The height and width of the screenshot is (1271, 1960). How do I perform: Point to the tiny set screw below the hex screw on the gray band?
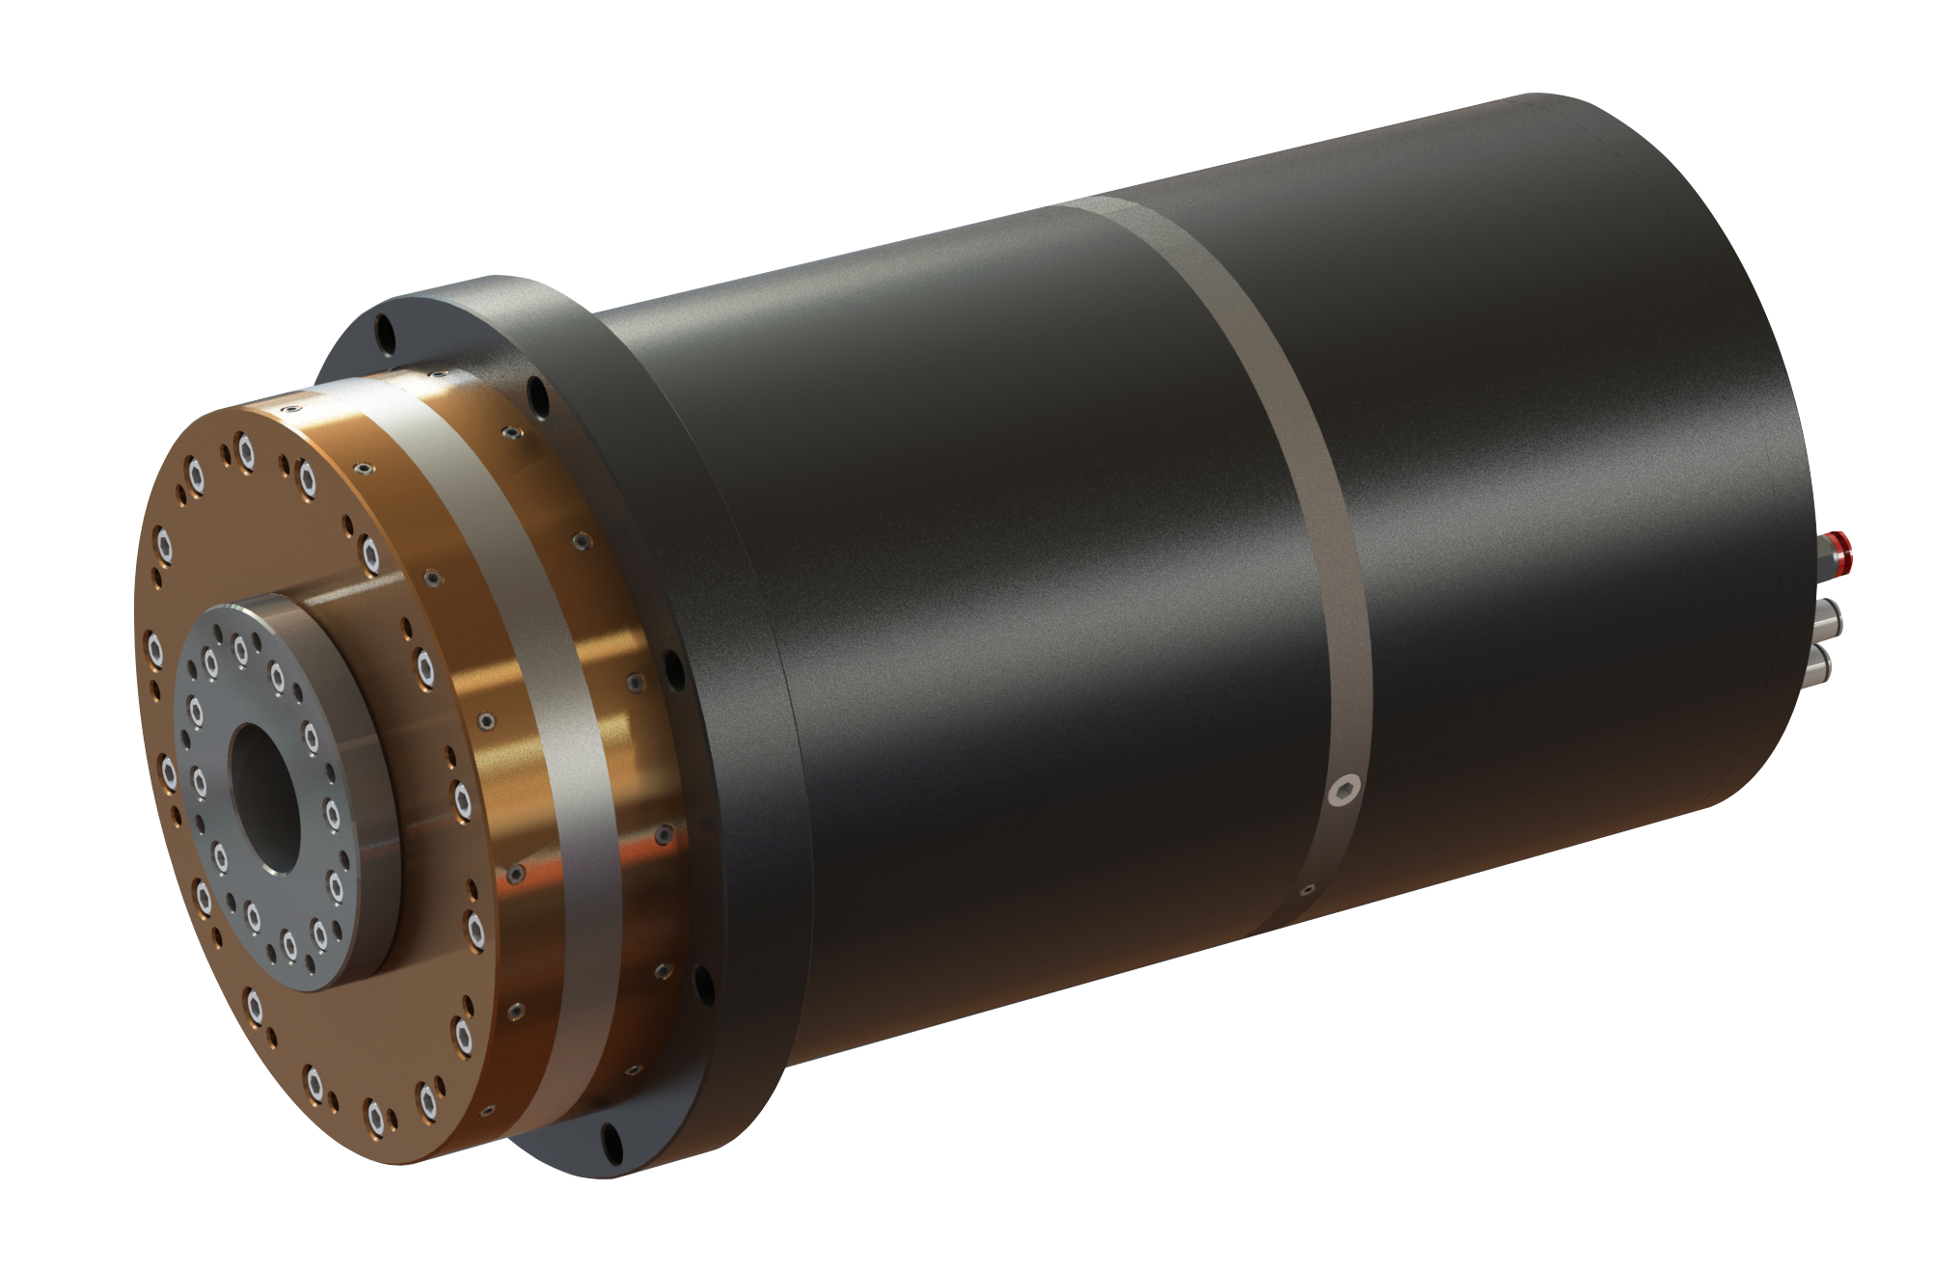coord(1308,888)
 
